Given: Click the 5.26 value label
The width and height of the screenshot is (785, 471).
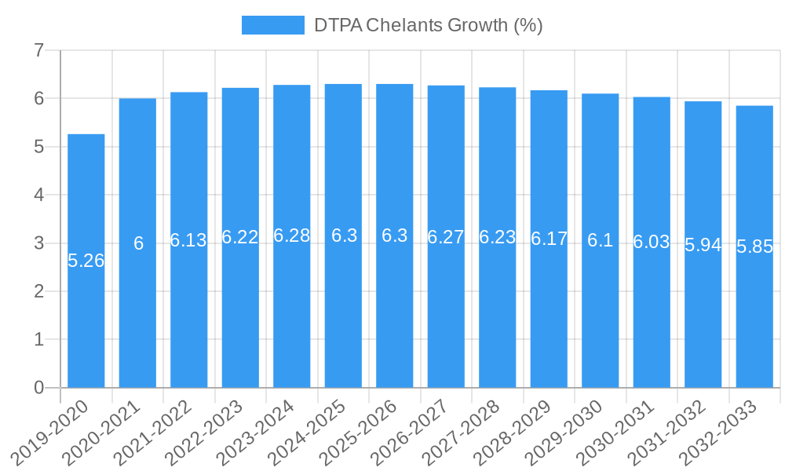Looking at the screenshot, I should (x=86, y=261).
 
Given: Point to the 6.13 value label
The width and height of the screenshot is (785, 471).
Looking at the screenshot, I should (x=188, y=240).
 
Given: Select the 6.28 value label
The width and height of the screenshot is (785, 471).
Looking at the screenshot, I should (x=291, y=235).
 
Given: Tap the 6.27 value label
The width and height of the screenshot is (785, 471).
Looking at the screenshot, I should (x=446, y=237).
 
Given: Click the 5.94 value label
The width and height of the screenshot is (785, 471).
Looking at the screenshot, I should (x=703, y=245).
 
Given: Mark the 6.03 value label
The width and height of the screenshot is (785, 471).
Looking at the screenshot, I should (x=652, y=242).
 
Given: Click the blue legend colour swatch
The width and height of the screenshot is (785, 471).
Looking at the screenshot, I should (x=272, y=25).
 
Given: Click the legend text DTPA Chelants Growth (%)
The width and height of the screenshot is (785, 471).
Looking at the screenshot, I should (x=428, y=25).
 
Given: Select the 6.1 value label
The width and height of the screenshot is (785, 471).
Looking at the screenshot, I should (x=600, y=240).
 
